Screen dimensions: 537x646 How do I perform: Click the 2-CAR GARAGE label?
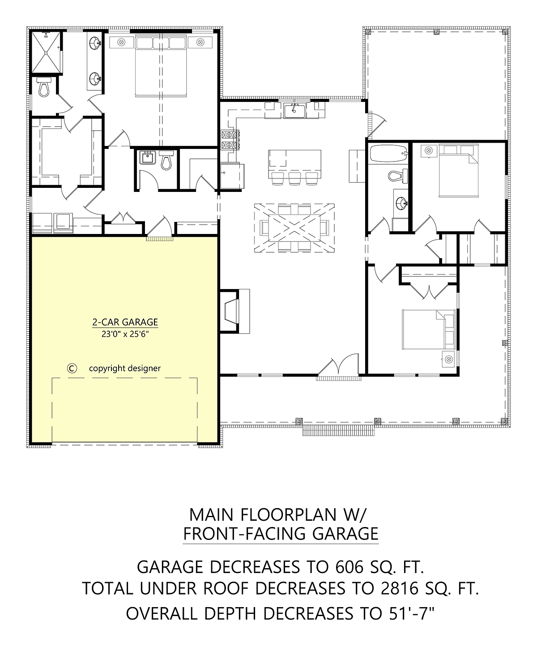coord(125,322)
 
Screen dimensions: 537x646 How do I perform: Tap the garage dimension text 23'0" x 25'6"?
coord(125,334)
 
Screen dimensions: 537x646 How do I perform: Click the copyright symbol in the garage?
coord(72,368)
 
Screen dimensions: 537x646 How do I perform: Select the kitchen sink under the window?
coord(294,110)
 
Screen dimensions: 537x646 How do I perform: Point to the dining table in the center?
coord(294,228)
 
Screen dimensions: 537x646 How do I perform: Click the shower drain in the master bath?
coord(46,53)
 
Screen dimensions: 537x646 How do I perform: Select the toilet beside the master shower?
coord(44,86)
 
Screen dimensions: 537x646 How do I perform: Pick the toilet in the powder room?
coord(166,160)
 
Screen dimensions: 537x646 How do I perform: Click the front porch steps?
coord(338,430)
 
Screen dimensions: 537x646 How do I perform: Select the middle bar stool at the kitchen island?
coord(294,178)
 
